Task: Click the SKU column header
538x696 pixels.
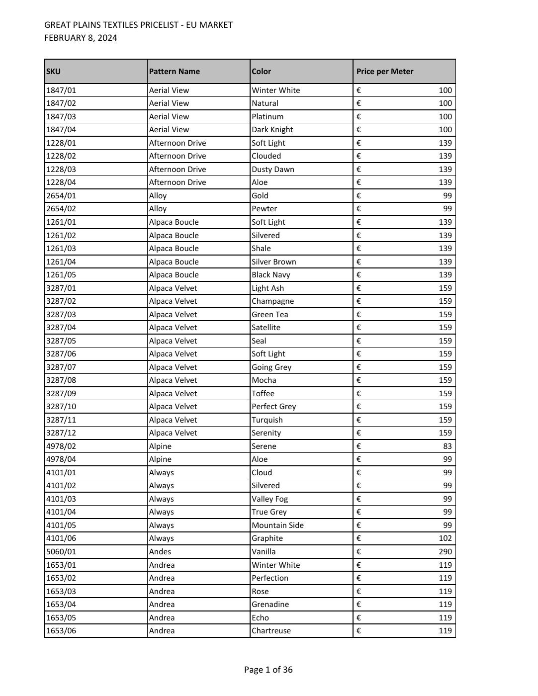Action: [54, 72]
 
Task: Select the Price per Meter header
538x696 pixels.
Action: [385, 72]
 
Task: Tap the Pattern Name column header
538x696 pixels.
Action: [175, 72]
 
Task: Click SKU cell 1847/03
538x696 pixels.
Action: [61, 117]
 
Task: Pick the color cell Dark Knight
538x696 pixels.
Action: [272, 130]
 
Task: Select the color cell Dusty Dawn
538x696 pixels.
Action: [273, 170]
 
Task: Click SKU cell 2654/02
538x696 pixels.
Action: [61, 209]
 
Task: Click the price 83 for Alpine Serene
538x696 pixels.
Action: [447, 446]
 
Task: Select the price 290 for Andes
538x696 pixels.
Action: [445, 552]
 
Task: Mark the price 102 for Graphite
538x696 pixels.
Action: [445, 538]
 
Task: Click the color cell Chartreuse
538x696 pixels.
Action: [271, 631]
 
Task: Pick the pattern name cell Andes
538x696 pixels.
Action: [160, 552]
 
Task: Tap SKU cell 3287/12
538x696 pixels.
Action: [61, 433]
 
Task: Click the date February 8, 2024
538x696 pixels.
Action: [81, 38]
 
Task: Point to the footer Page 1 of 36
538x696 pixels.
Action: [269, 670]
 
